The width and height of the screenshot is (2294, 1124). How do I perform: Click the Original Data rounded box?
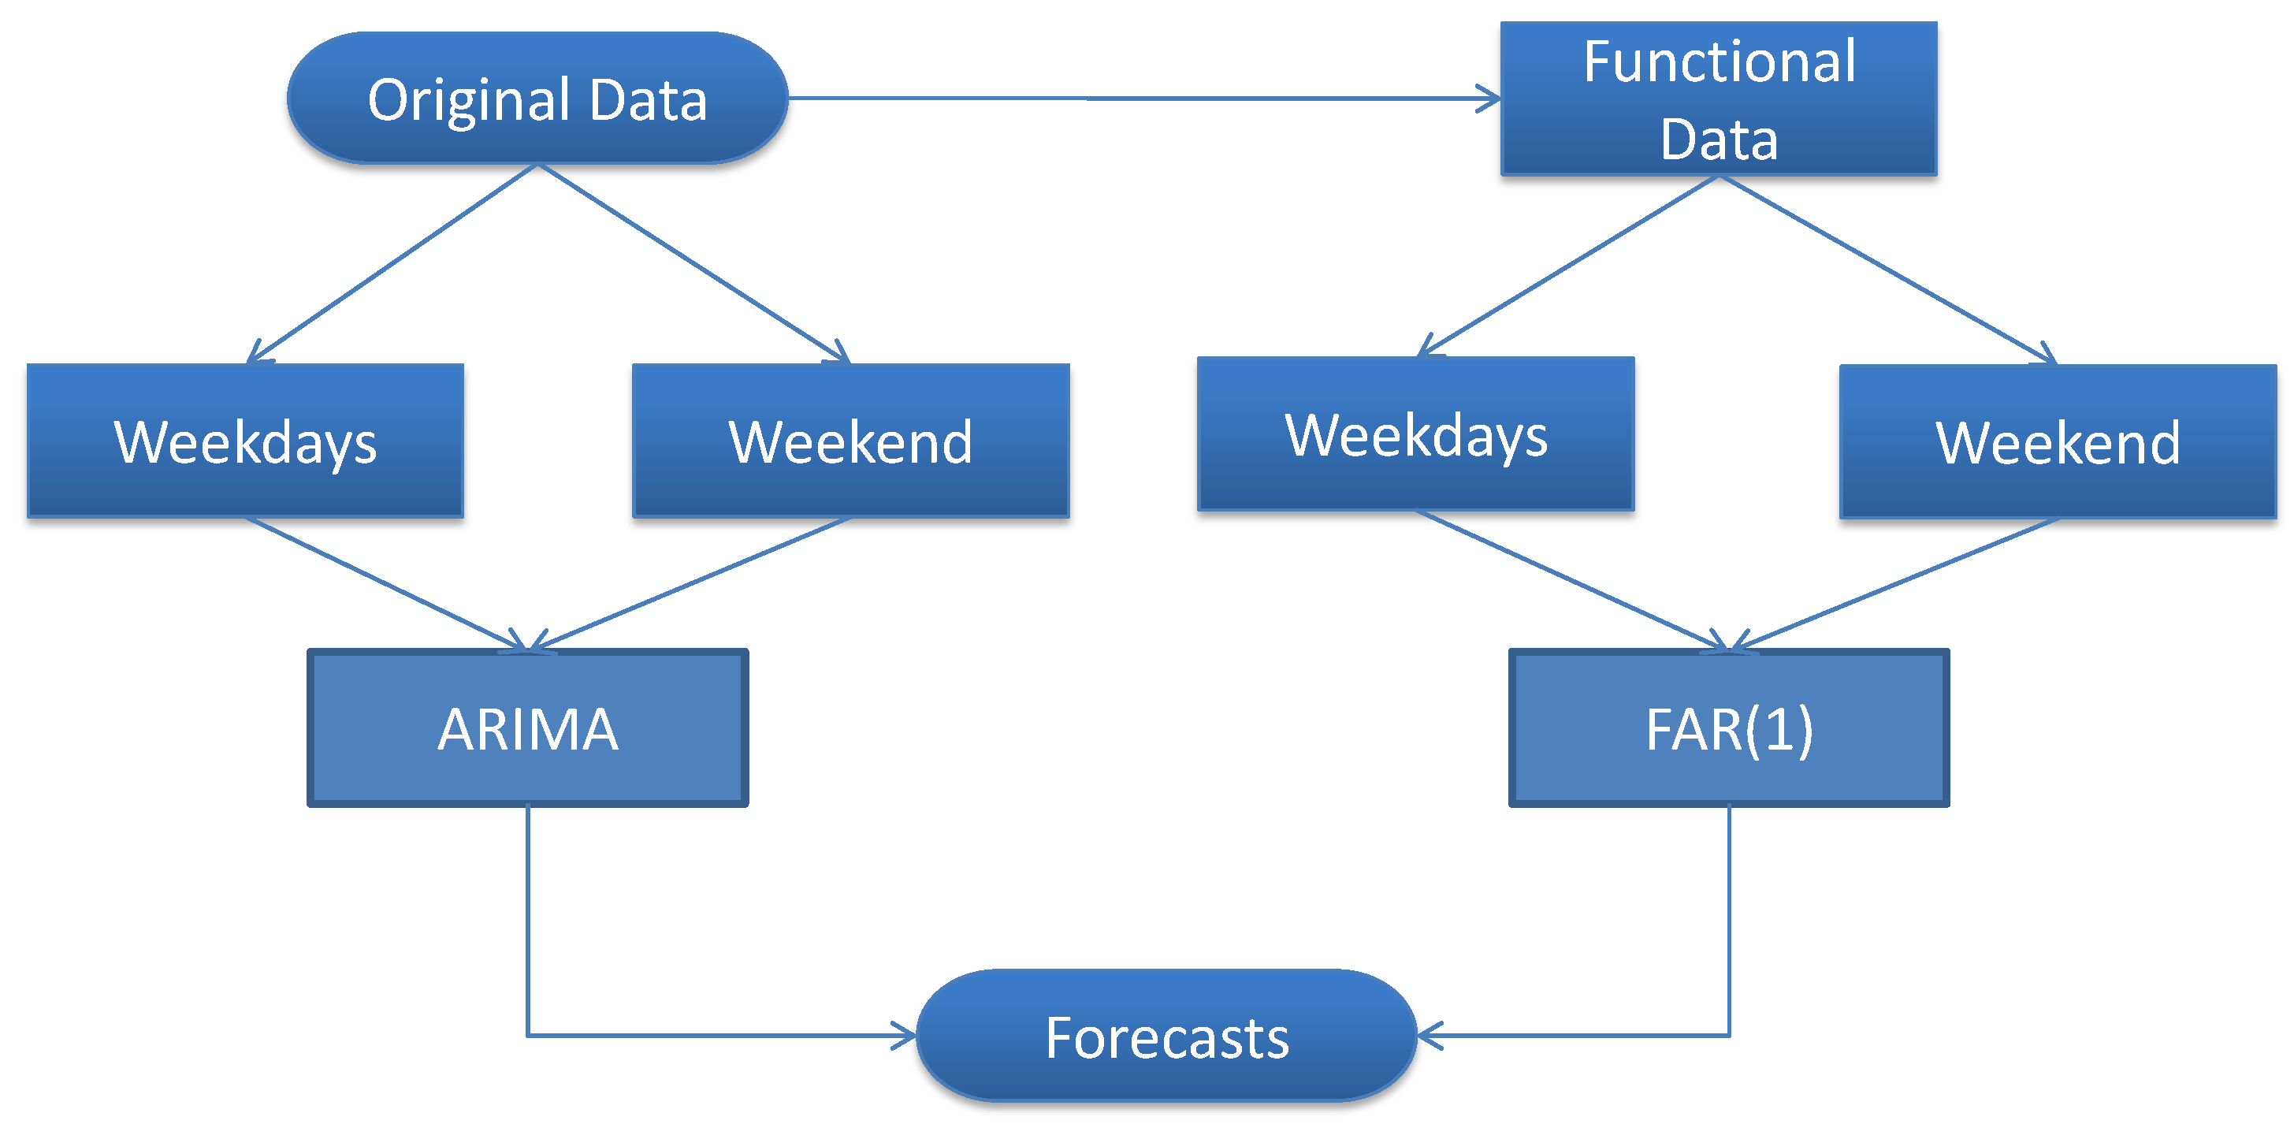pyautogui.click(x=537, y=98)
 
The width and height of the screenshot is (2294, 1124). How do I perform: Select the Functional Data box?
pyautogui.click(x=1718, y=99)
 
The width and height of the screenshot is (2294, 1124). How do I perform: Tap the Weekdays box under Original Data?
pyautogui.click(x=245, y=440)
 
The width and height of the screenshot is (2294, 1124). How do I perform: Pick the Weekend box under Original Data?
pyautogui.click(x=850, y=440)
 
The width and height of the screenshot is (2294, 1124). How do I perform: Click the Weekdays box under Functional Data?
pyautogui.click(x=1415, y=434)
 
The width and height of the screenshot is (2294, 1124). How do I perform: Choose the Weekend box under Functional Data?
pyautogui.click(x=2057, y=441)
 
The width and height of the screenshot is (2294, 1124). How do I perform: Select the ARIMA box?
pyautogui.click(x=527, y=728)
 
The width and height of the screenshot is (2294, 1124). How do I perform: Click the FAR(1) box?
pyautogui.click(x=1727, y=728)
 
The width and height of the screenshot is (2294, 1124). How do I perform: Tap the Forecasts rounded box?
pyautogui.click(x=1166, y=1036)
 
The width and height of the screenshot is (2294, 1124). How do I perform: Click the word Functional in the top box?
pyautogui.click(x=1719, y=61)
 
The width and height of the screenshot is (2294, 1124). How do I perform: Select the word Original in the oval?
pyautogui.click(x=470, y=100)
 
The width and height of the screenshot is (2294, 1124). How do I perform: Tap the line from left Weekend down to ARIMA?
pyautogui.click(x=690, y=583)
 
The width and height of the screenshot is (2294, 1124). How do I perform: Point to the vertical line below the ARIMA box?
pyautogui.click(x=527, y=917)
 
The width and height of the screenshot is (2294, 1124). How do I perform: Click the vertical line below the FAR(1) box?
pyautogui.click(x=1728, y=917)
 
